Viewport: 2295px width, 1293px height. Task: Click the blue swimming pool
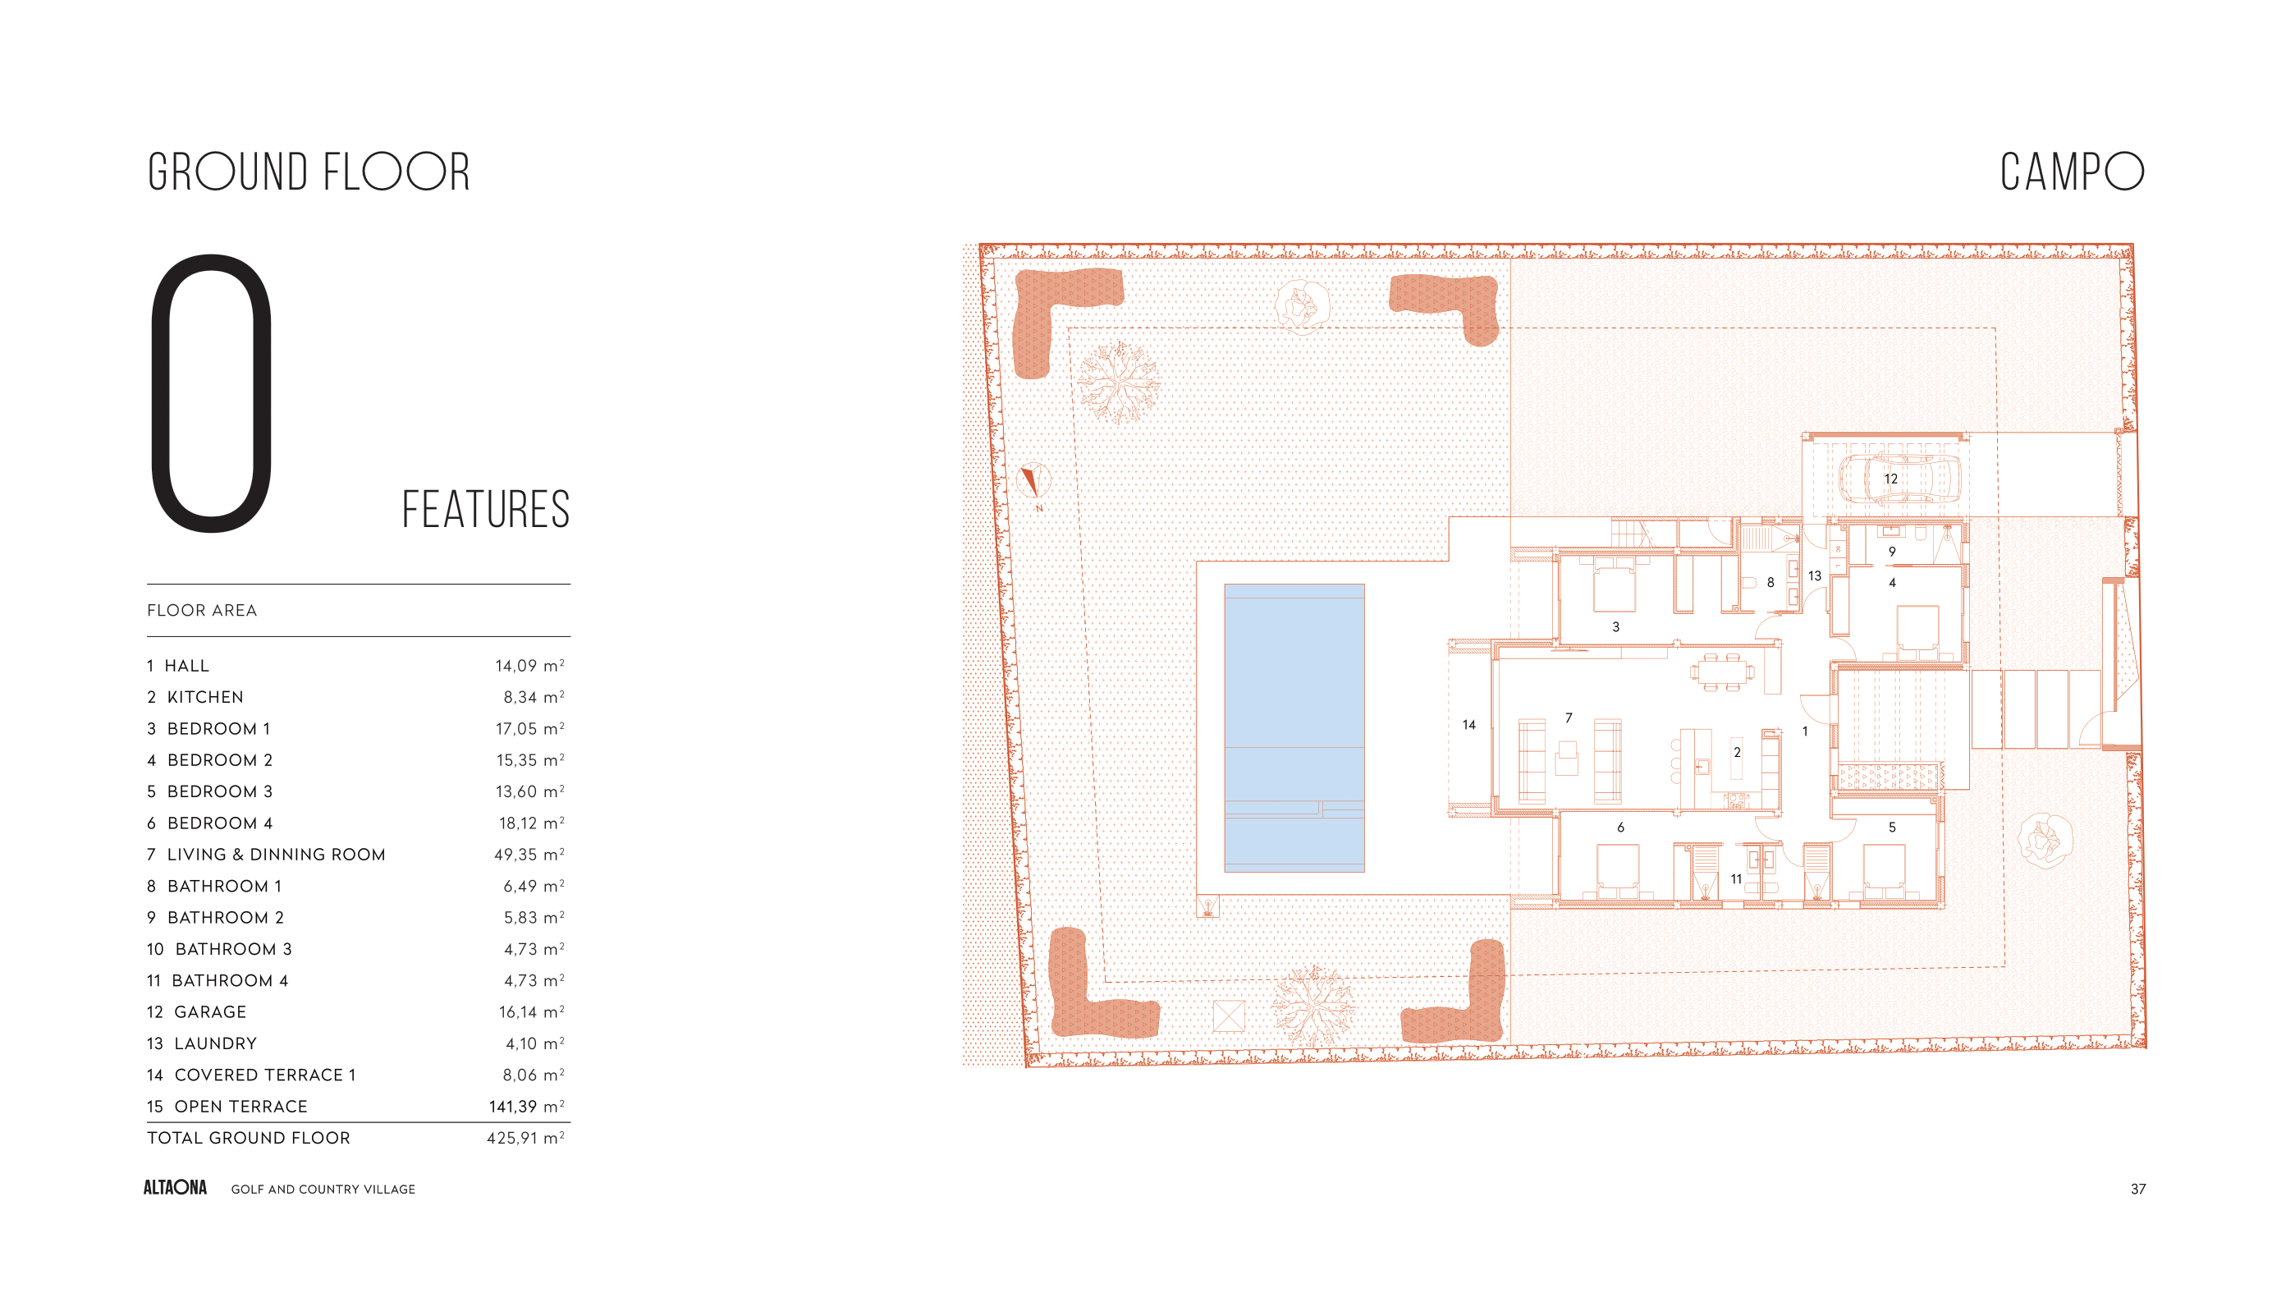pos(1294,727)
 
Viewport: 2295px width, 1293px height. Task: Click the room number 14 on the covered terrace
pos(1469,724)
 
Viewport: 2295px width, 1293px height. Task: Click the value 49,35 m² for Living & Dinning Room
pos(529,854)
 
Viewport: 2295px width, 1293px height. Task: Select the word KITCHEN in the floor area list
pos(205,697)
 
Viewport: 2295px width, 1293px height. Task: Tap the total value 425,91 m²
pos(525,1137)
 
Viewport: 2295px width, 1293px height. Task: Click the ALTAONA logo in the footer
pos(176,1188)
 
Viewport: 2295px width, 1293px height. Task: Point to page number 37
pos(2137,1189)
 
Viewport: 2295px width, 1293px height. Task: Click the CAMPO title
pos(2072,171)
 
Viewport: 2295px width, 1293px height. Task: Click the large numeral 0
pos(212,393)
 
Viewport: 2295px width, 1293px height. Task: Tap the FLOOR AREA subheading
pos(202,611)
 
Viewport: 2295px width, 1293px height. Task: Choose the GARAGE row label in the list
pos(210,1011)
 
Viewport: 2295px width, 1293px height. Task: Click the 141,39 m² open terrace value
pos(526,1106)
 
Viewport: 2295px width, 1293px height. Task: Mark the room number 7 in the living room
pos(1569,718)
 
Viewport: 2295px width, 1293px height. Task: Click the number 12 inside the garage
pos(1890,479)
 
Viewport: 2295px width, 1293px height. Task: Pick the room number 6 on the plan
pos(1620,827)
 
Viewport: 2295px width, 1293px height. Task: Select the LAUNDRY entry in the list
pos(216,1043)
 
